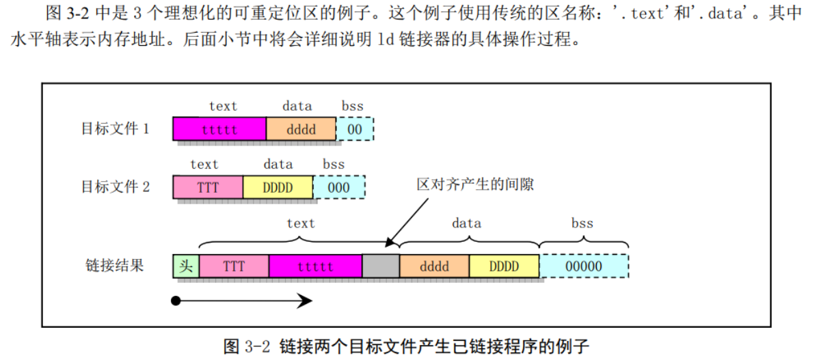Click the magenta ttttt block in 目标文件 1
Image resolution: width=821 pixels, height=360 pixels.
tap(219, 128)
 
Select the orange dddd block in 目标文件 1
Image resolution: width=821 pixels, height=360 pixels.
tap(301, 128)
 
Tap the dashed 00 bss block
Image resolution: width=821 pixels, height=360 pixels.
tap(355, 128)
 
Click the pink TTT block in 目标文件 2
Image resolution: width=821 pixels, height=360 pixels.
tap(208, 186)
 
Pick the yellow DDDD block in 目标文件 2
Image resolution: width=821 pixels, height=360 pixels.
tap(278, 186)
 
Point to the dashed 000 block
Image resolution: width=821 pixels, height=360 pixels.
tap(338, 186)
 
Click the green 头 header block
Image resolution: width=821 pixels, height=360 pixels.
tap(186, 266)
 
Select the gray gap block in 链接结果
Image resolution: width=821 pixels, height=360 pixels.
tap(381, 266)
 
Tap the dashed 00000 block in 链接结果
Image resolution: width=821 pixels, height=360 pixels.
tap(584, 266)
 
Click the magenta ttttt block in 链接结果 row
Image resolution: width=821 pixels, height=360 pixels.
tap(315, 266)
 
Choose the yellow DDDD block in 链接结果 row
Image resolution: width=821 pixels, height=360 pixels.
tap(504, 266)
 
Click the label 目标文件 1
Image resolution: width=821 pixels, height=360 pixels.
tap(116, 128)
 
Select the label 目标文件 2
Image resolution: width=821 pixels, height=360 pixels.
tap(116, 186)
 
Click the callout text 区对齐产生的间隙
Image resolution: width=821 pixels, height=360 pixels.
tap(474, 185)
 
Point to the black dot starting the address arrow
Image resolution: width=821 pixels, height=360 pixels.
tap(176, 301)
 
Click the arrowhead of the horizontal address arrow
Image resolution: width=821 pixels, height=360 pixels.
tap(306, 301)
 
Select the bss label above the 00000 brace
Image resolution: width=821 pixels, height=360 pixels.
tap(582, 223)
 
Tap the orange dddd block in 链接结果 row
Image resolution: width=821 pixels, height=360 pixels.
tap(434, 266)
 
